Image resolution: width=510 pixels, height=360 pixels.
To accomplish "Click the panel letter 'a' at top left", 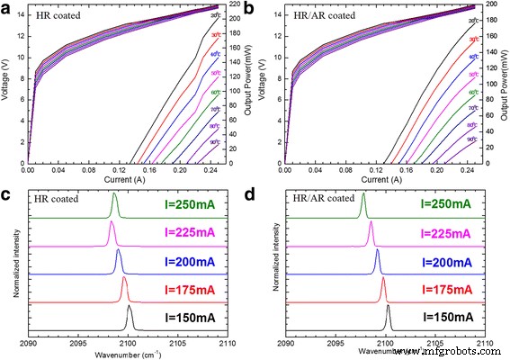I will pos(7,8).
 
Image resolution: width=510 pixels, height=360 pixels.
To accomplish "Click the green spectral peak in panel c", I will pos(115,196).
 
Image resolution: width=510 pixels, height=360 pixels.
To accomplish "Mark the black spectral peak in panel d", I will pos(389,310).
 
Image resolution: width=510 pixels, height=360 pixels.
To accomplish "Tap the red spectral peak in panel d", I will pos(383,282).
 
